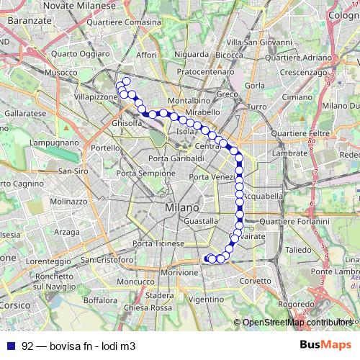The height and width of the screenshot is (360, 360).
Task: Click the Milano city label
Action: point(181,207)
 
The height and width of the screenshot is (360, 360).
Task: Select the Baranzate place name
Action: point(28,22)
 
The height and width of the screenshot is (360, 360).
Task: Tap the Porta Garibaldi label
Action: point(176,158)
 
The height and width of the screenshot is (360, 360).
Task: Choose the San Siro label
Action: point(73,171)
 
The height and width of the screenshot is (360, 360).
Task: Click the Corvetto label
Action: point(255,281)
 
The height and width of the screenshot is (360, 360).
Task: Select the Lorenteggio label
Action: point(50,261)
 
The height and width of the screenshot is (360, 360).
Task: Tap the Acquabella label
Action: point(263,195)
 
